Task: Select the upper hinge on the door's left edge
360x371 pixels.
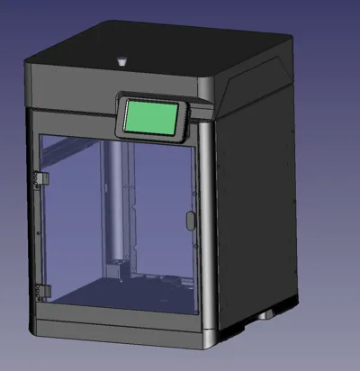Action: (38, 179)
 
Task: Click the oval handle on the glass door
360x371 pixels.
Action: (189, 220)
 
